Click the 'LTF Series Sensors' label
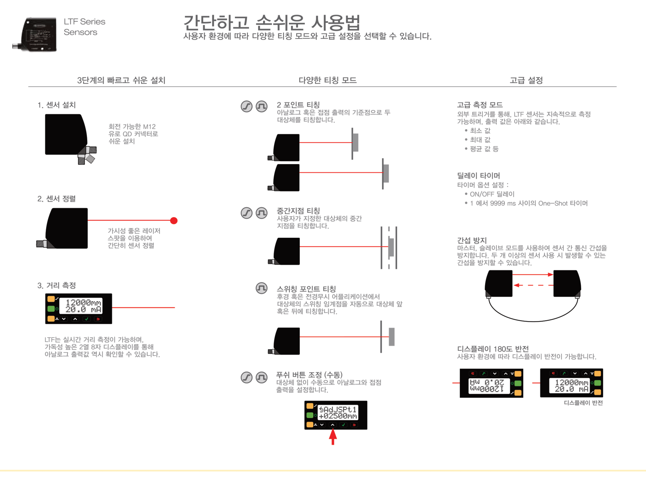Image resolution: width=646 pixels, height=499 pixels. [84, 27]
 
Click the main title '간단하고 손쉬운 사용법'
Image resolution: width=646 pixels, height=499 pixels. [272, 23]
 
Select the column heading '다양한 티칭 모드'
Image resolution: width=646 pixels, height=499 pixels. [327, 80]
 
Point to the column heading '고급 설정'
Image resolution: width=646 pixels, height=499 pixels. [526, 80]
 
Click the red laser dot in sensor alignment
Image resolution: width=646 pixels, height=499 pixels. [174, 221]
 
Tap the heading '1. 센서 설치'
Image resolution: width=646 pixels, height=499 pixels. [57, 105]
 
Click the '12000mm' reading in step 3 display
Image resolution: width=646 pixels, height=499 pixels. [83, 302]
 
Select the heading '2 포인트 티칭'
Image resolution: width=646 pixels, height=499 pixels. [298, 105]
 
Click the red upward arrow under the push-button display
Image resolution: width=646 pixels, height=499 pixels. [333, 437]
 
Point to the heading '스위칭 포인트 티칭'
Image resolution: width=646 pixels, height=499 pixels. [306, 289]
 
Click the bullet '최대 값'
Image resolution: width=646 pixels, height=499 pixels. [480, 140]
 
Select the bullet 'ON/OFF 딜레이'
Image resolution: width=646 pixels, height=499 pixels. [492, 194]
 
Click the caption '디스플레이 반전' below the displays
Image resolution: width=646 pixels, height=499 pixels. [583, 402]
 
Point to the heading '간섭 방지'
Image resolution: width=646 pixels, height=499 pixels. [472, 240]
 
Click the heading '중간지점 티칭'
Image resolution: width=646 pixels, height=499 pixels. [298, 211]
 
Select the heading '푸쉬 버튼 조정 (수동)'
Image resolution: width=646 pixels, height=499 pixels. [309, 375]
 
